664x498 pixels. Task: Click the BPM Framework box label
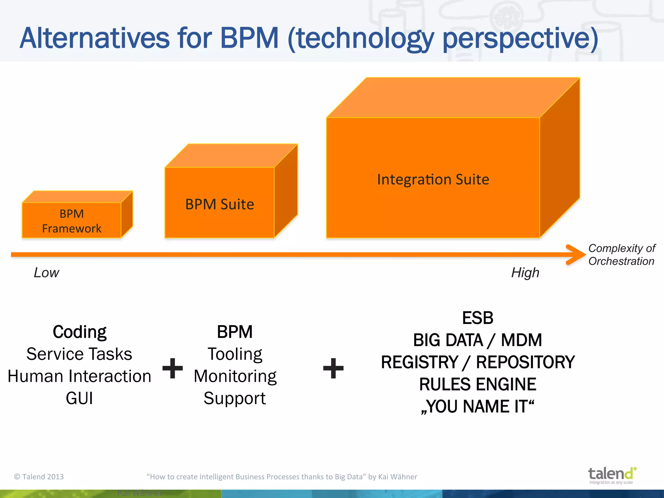tap(72, 221)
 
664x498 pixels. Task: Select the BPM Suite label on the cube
tap(219, 204)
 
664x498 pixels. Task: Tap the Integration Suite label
tap(433, 179)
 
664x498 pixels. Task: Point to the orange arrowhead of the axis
tap(576, 255)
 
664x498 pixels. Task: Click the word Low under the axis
tap(46, 273)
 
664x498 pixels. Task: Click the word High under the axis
tap(525, 273)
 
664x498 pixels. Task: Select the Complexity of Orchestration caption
tap(622, 255)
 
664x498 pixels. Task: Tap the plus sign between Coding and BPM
tap(172, 368)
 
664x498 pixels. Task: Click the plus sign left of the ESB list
tap(333, 368)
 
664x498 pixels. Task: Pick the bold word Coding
tap(79, 332)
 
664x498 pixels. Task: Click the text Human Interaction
tap(79, 376)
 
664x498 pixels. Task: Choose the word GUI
tap(79, 398)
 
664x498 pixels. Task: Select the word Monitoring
tap(235, 376)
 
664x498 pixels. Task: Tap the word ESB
tap(478, 318)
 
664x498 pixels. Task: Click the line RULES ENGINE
tap(478, 384)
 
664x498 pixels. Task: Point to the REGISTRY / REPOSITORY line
tap(478, 362)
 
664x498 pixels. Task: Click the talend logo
tap(611, 475)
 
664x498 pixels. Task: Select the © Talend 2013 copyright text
tap(39, 477)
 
